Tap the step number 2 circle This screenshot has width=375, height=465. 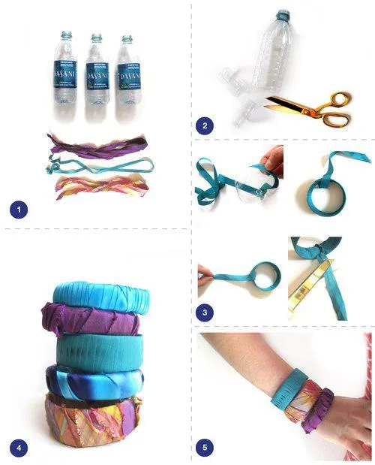pos(202,125)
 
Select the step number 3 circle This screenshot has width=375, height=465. pos(204,310)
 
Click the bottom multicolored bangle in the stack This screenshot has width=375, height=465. pos(94,421)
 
